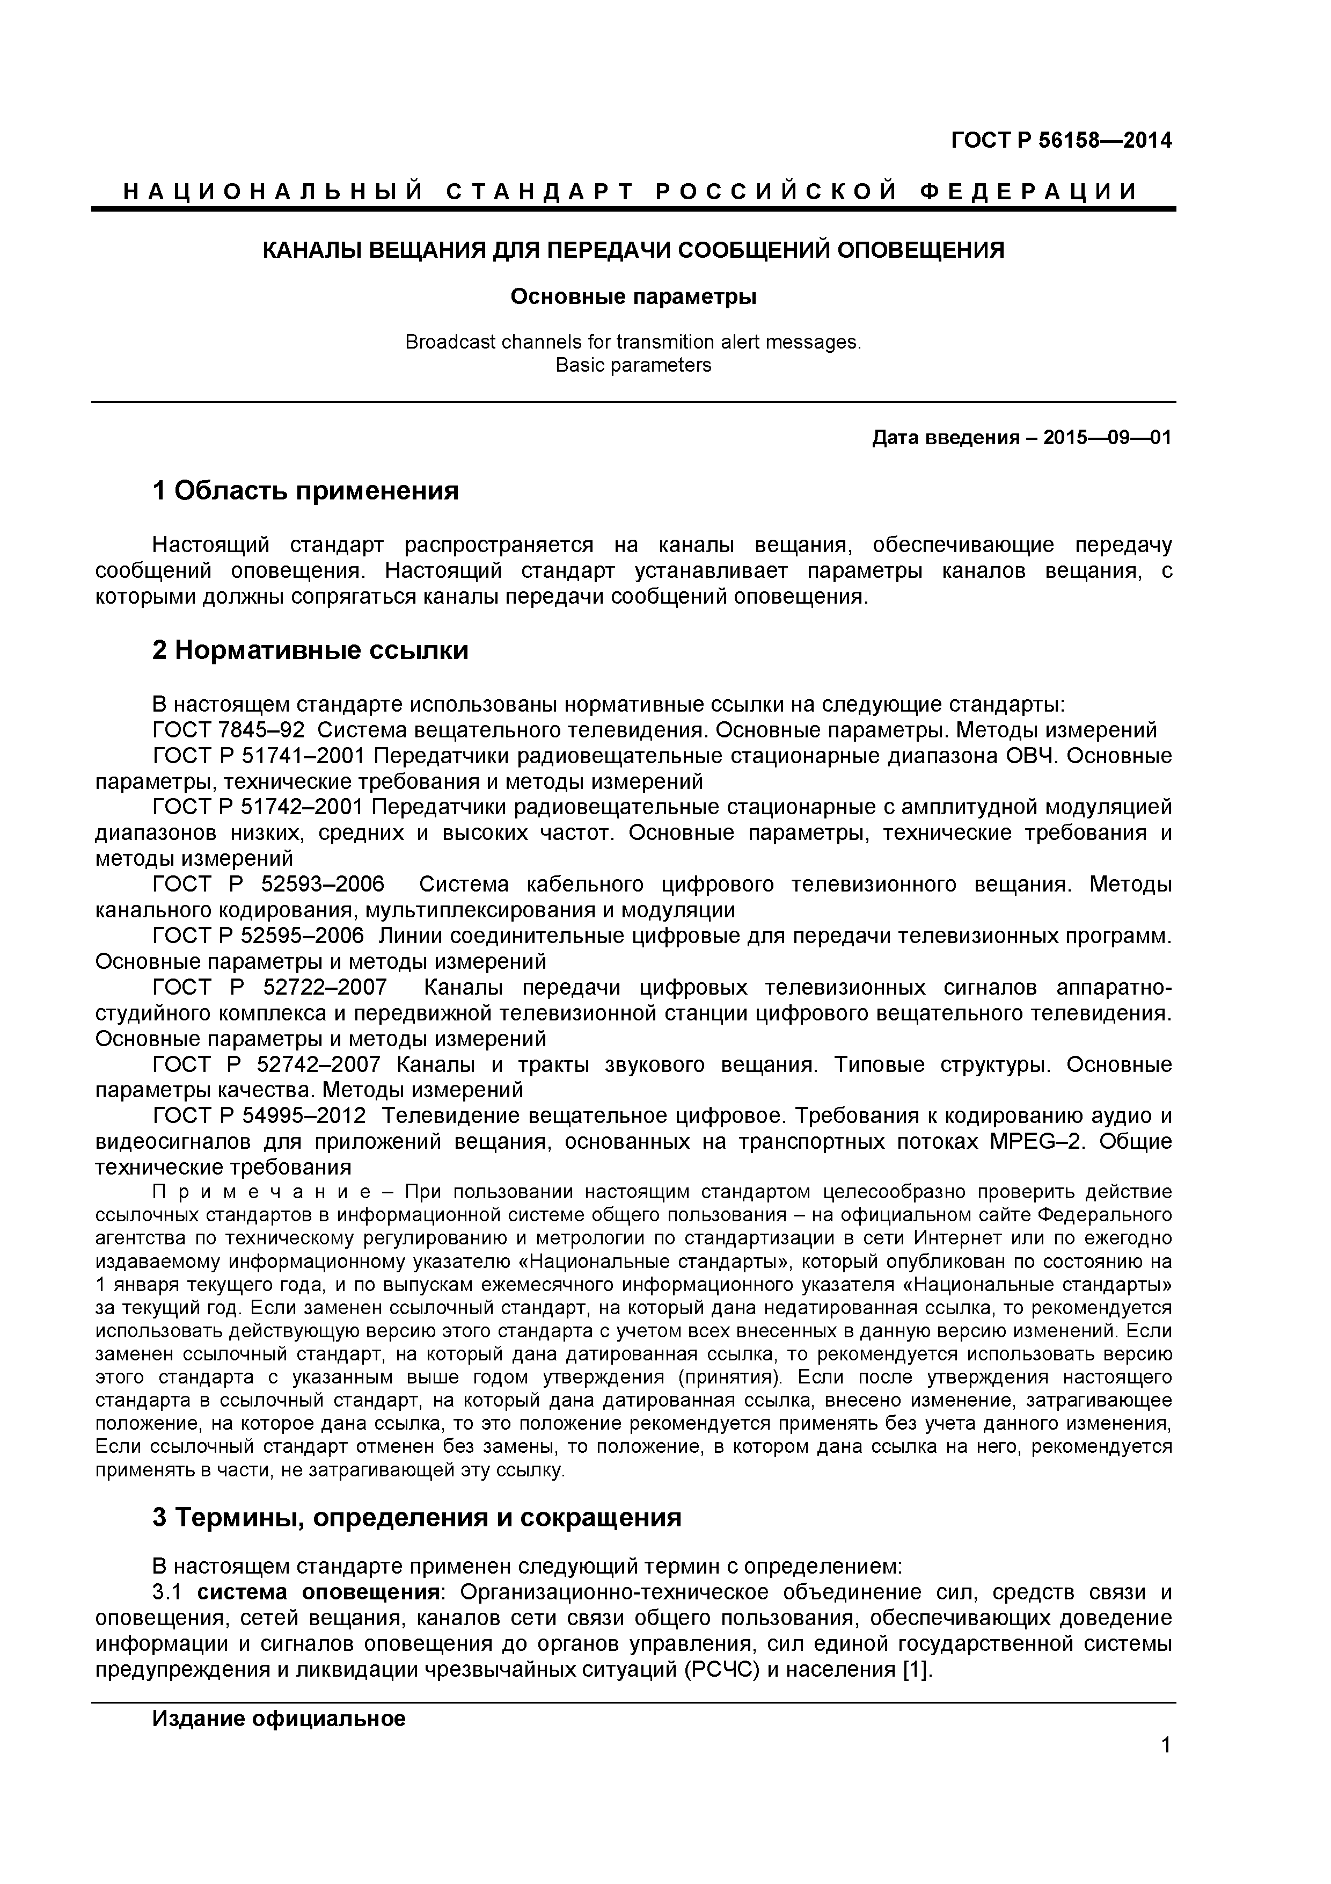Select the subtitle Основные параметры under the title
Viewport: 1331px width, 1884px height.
(x=633, y=296)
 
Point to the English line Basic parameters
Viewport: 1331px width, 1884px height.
(x=633, y=365)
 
